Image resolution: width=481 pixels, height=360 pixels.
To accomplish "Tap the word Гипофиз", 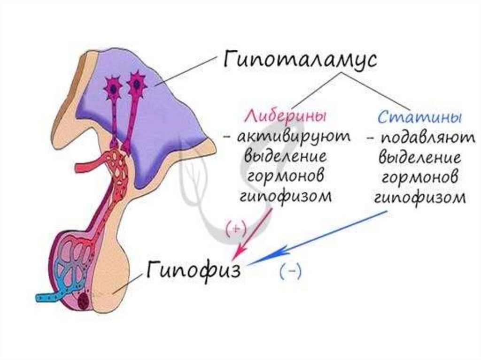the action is pos(194,270).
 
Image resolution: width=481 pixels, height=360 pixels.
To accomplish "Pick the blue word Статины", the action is pos(419,116).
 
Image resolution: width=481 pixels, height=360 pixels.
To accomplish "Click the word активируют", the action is pos(287,137).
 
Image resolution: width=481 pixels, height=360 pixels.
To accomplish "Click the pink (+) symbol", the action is pos(235,228).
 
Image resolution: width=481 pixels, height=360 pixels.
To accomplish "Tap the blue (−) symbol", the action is pos(290,272).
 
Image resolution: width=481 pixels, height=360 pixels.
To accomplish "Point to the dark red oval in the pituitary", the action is pos(85,301).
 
